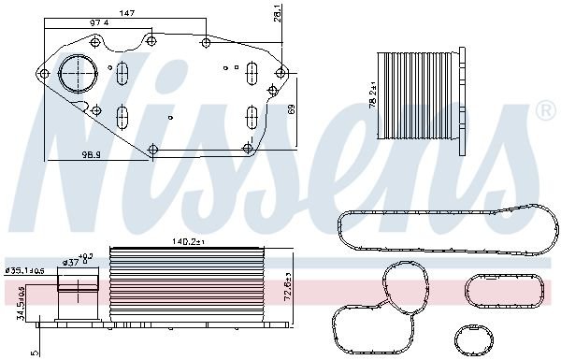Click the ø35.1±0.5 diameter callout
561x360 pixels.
22,270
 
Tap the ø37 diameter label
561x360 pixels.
69,263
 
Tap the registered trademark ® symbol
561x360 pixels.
545,111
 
